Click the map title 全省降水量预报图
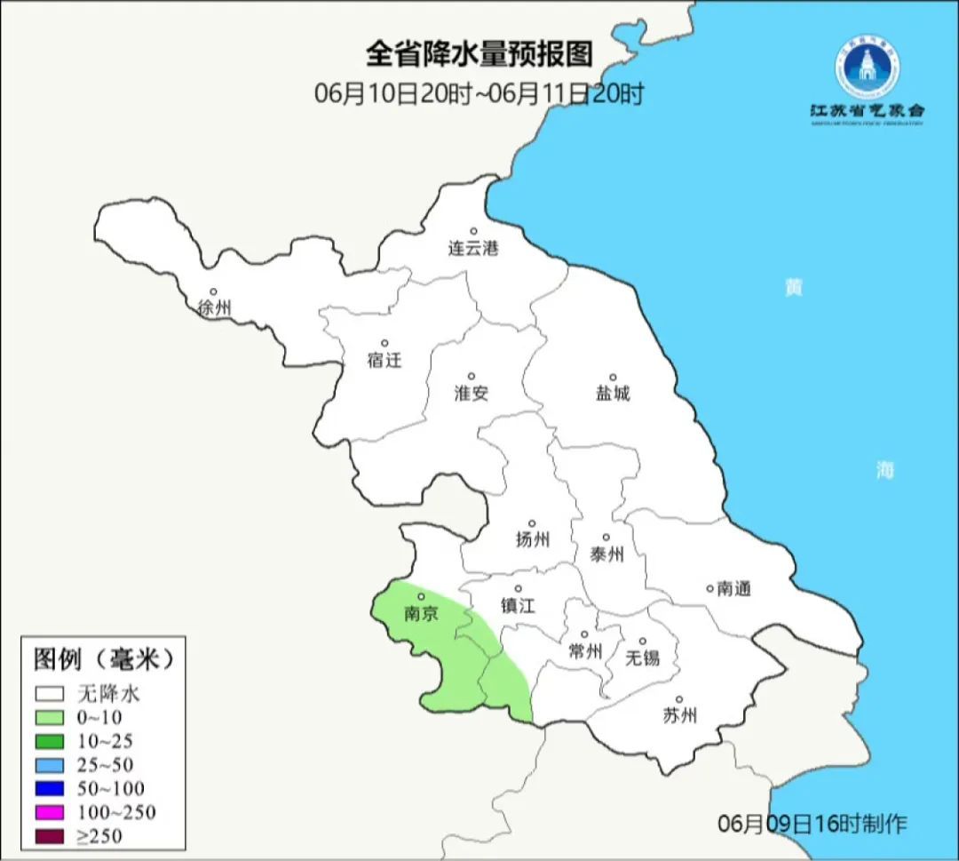[479, 54]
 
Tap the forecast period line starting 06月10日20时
[479, 93]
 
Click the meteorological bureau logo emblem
[866, 66]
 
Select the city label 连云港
[473, 249]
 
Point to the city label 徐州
[215, 308]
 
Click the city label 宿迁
[384, 360]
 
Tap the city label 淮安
[472, 393]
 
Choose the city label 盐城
[612, 393]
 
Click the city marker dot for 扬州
[532, 523]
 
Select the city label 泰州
[606, 554]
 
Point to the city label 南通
[734, 588]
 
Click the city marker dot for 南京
[421, 597]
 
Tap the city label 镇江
[519, 605]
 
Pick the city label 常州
[585, 651]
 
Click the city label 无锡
[643, 658]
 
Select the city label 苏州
[679, 715]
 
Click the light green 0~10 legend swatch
[50, 717]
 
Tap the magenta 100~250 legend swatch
[50, 812]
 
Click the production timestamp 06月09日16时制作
[812, 824]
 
